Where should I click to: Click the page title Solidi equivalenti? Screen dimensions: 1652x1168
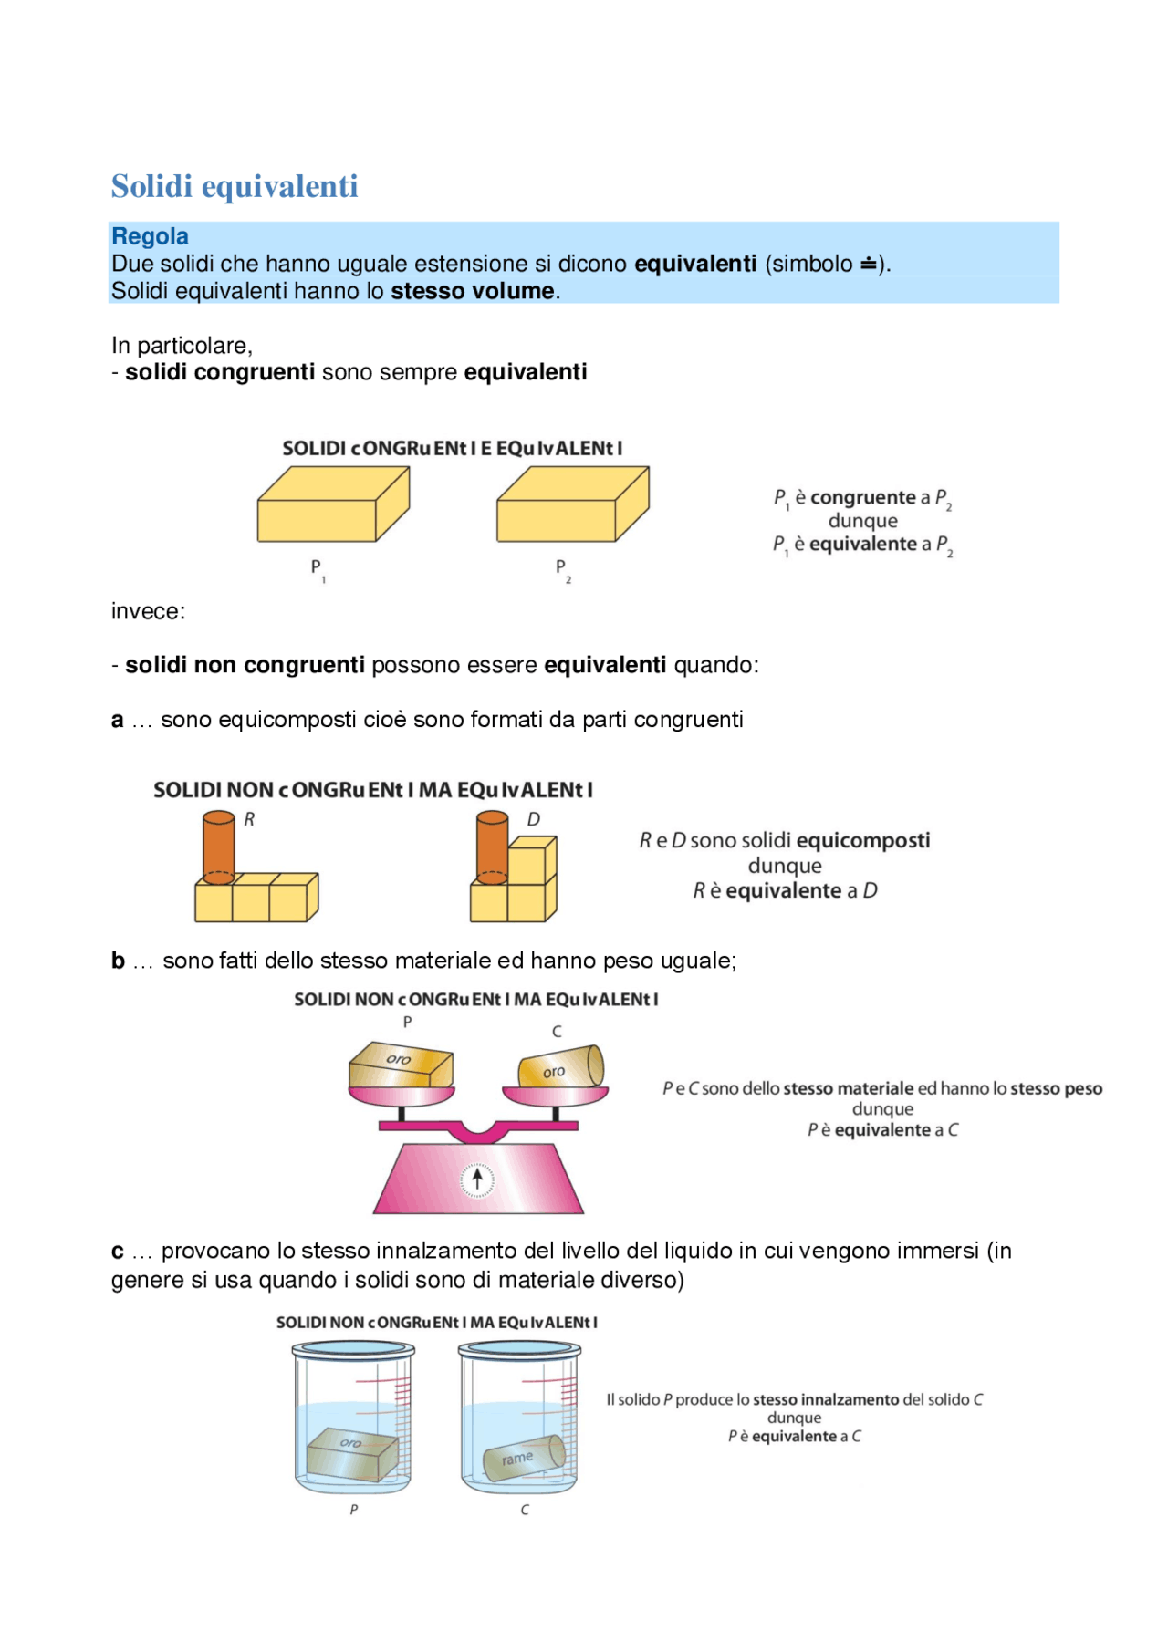[235, 186]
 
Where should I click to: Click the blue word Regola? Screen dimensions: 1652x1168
[150, 236]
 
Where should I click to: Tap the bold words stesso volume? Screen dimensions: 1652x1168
[473, 291]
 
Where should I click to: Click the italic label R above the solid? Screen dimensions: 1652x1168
[249, 819]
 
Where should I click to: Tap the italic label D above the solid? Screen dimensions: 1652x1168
[534, 819]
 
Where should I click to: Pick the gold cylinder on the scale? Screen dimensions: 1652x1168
[560, 1066]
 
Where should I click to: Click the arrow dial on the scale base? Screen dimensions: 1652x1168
[476, 1179]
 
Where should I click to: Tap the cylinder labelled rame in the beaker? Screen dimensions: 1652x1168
[523, 1457]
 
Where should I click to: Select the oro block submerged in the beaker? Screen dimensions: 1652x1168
[352, 1450]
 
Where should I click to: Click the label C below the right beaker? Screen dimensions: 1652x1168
[525, 1510]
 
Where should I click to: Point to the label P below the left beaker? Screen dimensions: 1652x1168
[354, 1510]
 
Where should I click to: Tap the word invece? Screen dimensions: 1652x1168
[148, 611]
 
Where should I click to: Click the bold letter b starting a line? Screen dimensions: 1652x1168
[118, 961]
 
